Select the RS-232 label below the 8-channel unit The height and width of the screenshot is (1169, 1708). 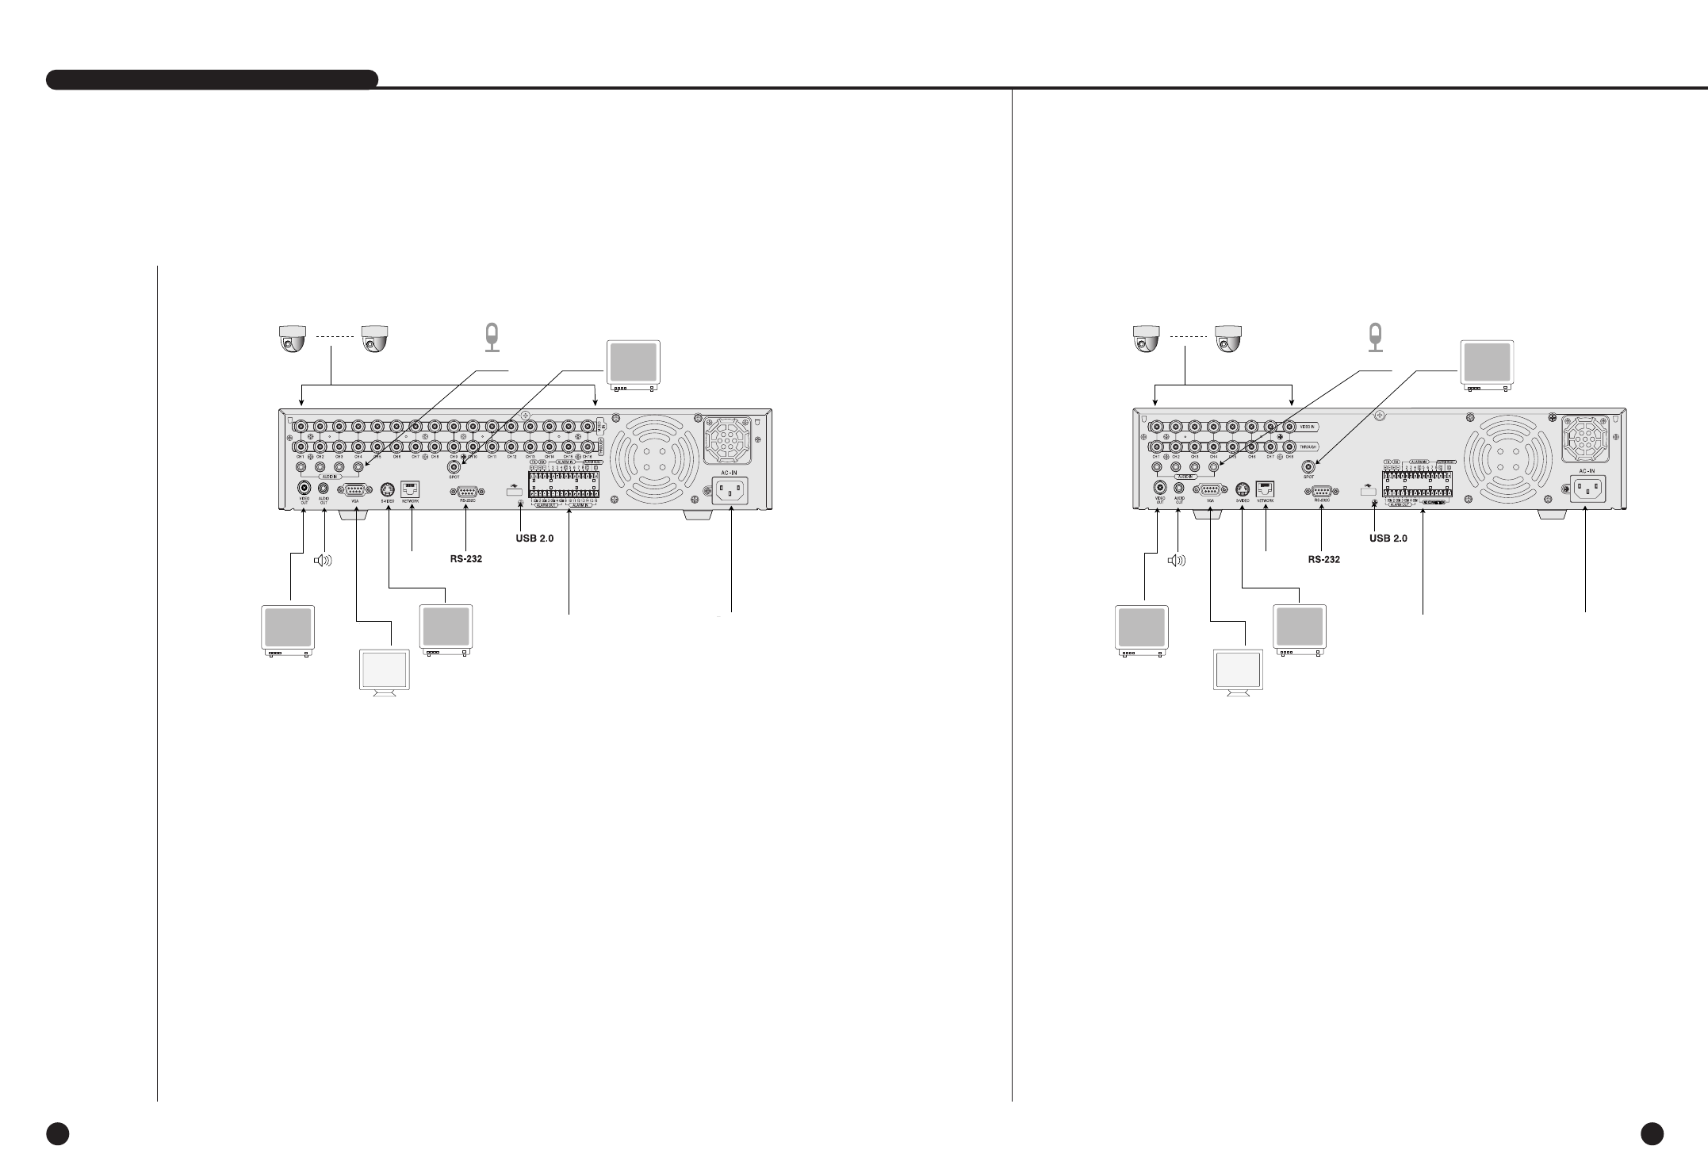coord(1324,559)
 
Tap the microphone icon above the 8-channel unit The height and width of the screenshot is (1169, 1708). coord(1376,337)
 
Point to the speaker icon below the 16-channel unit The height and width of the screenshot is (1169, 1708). coord(324,561)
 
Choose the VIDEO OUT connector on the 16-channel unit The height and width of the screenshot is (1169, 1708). coord(304,489)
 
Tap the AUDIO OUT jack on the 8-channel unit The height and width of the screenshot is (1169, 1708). coord(1178,489)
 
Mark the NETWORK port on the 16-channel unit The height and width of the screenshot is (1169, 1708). coord(410,489)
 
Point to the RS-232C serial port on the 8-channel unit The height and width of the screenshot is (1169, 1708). coord(1321,491)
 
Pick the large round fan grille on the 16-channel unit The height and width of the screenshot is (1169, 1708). coord(655,456)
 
